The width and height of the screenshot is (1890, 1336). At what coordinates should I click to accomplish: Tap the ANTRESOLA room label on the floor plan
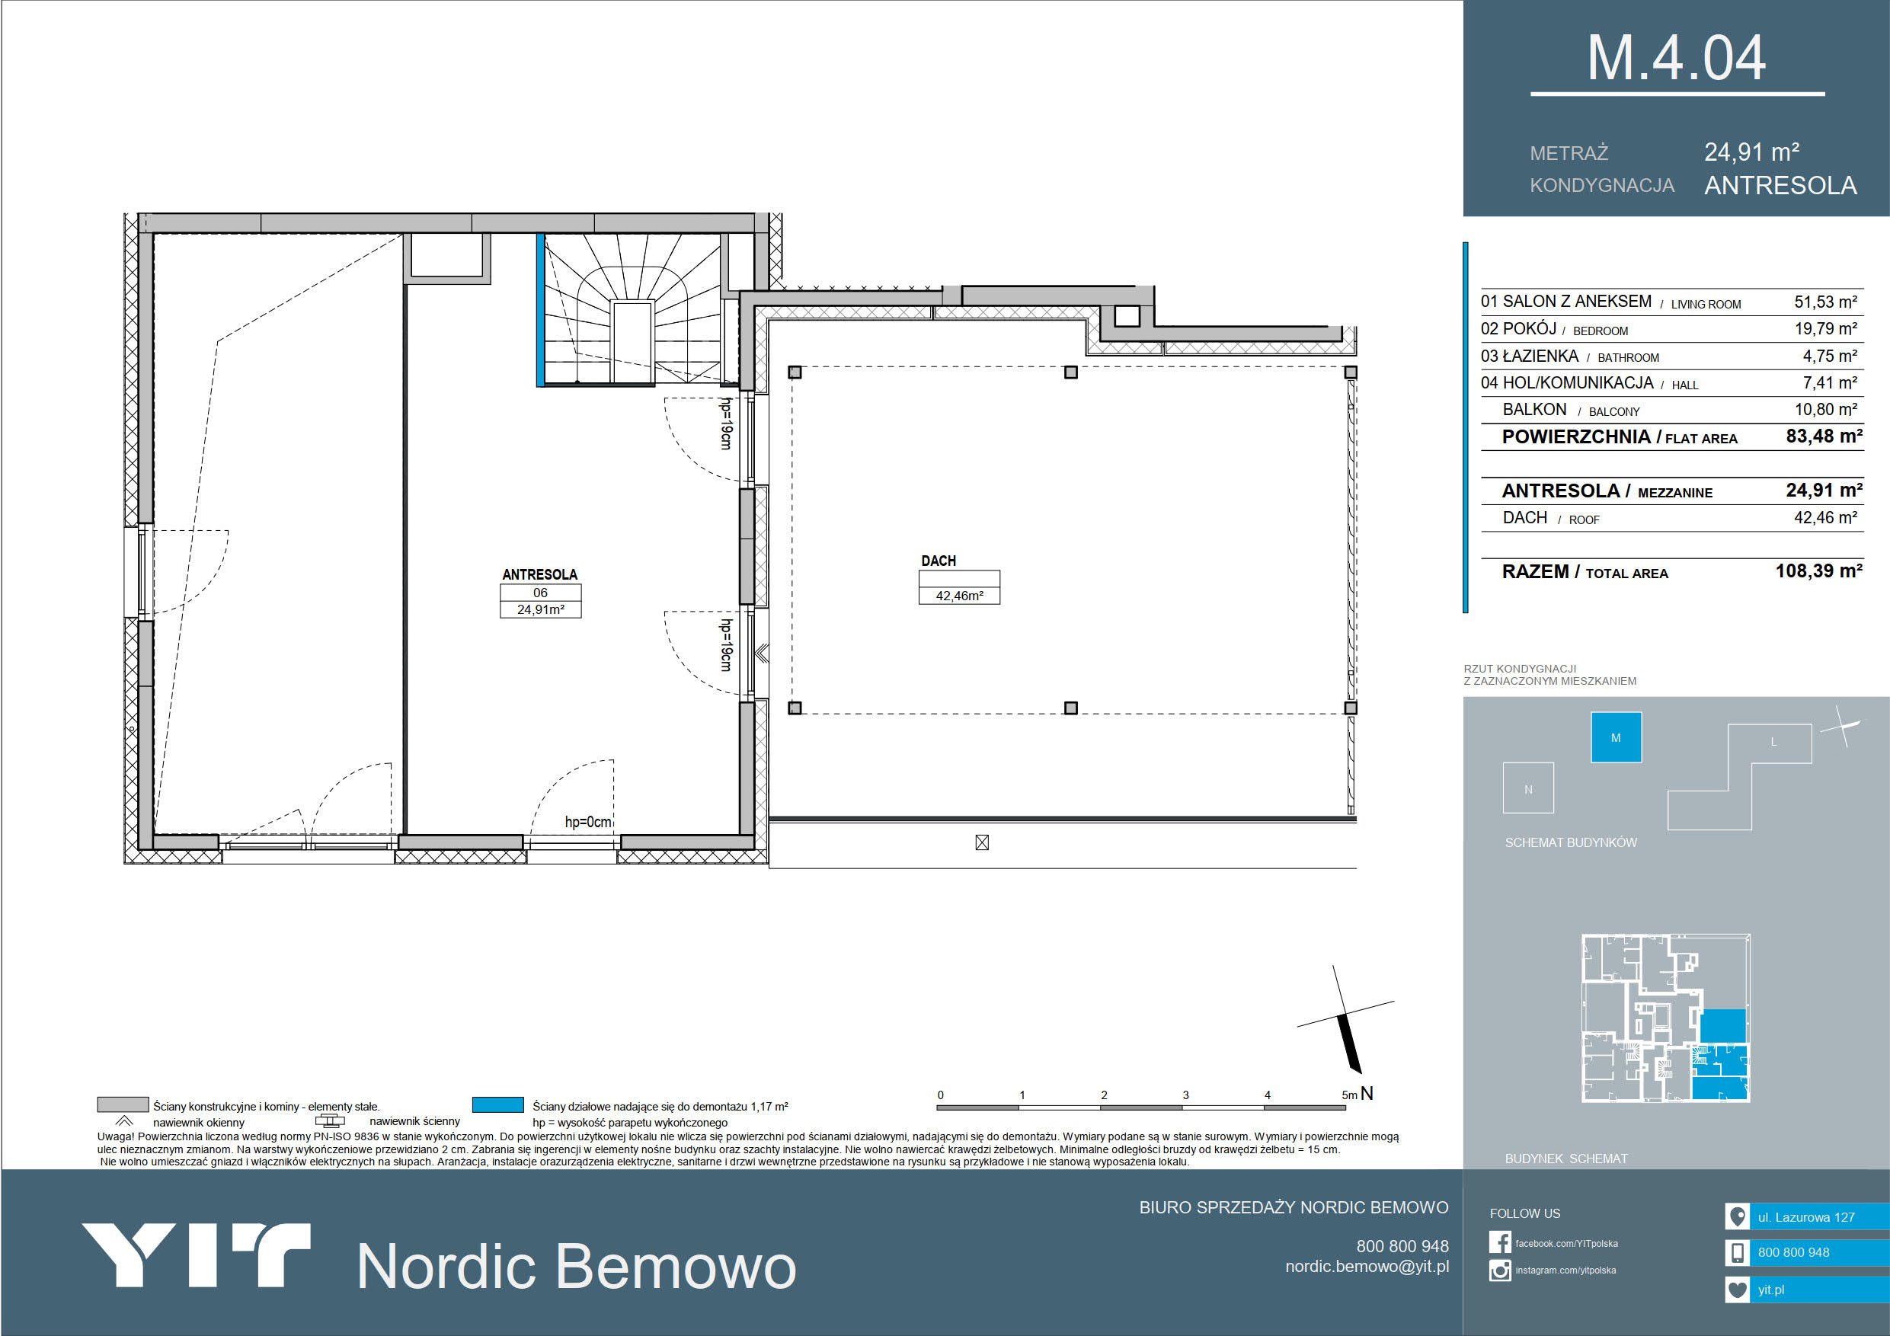[540, 574]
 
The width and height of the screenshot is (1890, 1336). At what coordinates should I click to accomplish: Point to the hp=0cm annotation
[588, 823]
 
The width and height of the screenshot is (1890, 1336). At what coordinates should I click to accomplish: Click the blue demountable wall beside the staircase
[541, 310]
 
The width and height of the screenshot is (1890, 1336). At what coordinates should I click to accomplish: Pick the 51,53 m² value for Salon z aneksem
[1826, 302]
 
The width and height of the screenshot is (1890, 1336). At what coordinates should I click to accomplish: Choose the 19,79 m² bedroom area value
[1826, 329]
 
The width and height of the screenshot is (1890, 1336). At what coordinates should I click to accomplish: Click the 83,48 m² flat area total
[1824, 436]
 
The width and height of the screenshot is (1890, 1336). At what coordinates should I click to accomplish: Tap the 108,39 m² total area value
[1819, 571]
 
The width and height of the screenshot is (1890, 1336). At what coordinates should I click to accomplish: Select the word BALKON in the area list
[1534, 410]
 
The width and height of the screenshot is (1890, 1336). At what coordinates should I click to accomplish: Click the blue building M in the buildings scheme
[1616, 737]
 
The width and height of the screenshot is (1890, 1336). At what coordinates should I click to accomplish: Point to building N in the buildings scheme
[1529, 788]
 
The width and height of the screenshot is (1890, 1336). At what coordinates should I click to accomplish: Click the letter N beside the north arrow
[1367, 1093]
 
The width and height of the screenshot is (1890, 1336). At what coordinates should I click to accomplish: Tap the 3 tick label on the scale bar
[1185, 1095]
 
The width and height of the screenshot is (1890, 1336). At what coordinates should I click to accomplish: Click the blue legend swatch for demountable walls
[498, 1104]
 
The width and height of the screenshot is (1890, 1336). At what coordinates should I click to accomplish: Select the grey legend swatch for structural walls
[123, 1104]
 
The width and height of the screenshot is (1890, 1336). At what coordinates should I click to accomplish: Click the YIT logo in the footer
[196, 1254]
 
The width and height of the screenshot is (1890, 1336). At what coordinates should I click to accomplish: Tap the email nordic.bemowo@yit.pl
[1367, 1267]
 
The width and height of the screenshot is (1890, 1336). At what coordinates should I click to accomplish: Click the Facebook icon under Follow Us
[1500, 1242]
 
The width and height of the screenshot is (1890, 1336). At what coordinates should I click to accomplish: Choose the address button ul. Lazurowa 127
[1807, 1216]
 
